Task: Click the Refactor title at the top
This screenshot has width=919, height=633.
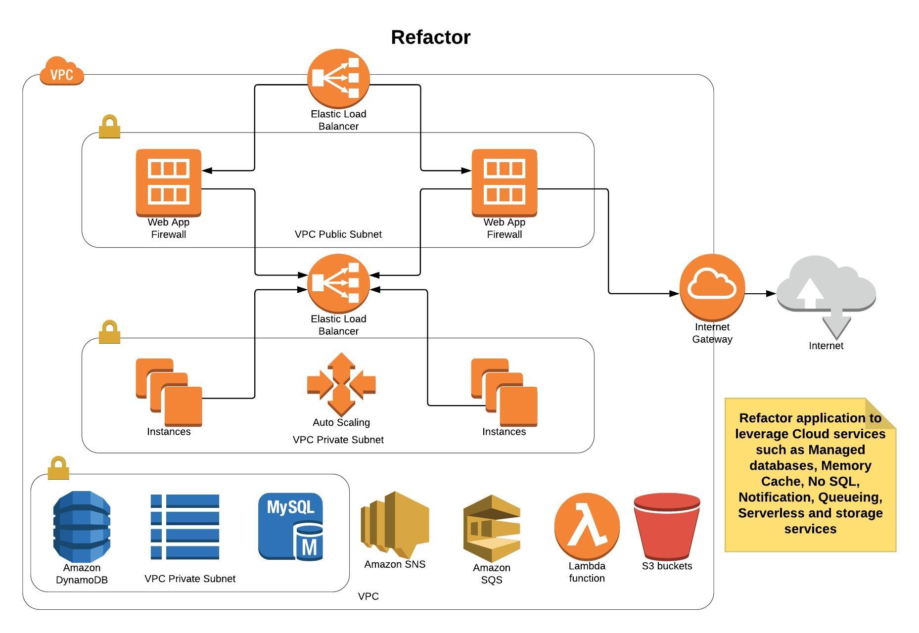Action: point(430,38)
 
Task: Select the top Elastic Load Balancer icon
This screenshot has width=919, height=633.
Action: point(338,78)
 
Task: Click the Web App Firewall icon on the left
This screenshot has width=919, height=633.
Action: point(168,182)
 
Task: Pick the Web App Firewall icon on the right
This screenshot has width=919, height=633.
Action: point(504,182)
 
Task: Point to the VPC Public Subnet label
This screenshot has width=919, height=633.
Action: point(338,234)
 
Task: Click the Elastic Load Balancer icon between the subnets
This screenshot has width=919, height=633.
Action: point(338,283)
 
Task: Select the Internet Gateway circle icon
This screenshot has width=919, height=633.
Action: point(712,286)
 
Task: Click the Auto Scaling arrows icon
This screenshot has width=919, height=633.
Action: point(341,384)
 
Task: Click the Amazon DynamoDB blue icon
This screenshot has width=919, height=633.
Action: point(82,526)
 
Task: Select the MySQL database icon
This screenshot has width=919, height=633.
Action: point(291,526)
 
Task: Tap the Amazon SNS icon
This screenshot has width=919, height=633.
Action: point(395,524)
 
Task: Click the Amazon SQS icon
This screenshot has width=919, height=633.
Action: point(491,528)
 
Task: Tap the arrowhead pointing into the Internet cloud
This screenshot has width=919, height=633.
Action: point(771,294)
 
